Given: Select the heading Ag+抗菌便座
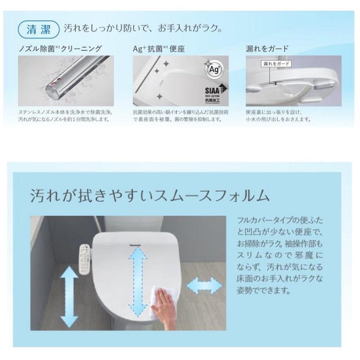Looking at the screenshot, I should point(159,49).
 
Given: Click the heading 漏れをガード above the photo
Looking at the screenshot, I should point(267,49).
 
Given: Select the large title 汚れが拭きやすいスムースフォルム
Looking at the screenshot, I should point(149,196).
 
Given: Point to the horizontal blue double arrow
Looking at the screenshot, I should point(207,285).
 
